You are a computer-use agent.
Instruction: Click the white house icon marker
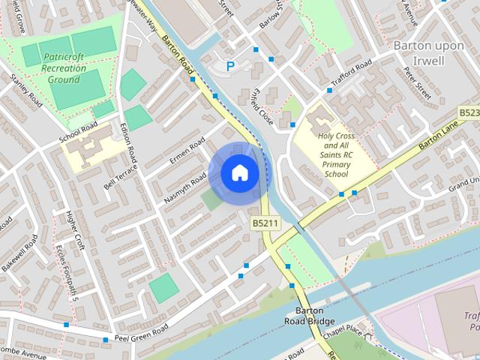click(x=239, y=173)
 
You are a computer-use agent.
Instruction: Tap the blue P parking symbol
click(x=230, y=66)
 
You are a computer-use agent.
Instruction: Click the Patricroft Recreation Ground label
click(x=64, y=67)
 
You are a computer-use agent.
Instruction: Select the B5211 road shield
click(x=265, y=223)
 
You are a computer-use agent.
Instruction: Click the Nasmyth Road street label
click(x=184, y=188)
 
